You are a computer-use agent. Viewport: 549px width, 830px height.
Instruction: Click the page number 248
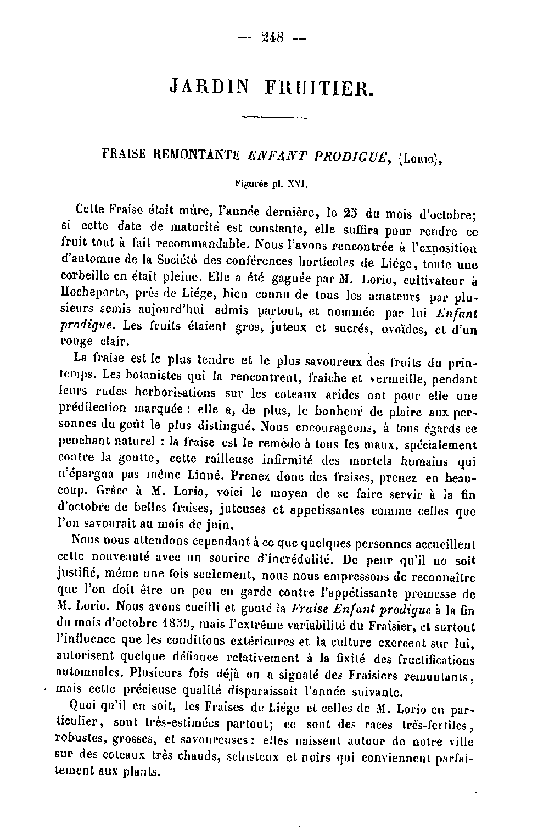(273, 38)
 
